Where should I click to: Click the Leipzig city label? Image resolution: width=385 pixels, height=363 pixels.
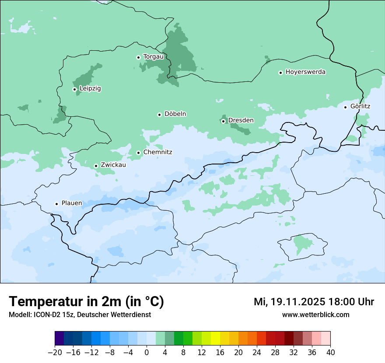point(90,88)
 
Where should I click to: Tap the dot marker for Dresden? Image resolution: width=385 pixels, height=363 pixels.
point(223,121)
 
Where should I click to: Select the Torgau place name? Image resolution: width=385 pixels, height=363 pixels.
point(154,56)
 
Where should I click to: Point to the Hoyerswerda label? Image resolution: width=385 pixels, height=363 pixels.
point(305,72)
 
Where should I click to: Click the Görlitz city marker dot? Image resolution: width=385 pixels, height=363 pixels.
point(345,107)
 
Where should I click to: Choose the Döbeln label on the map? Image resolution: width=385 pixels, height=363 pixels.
point(175,114)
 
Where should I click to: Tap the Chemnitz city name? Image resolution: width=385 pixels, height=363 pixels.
point(158,152)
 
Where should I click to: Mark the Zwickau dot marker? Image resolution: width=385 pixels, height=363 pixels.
point(96,166)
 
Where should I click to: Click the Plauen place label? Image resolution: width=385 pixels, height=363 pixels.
point(72,203)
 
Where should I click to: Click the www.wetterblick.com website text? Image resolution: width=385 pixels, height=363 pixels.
point(315,314)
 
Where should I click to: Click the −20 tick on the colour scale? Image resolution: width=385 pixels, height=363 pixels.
point(55,353)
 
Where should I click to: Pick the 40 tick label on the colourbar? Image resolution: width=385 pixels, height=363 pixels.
point(330,353)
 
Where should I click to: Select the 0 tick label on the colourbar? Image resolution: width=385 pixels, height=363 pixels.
point(147,353)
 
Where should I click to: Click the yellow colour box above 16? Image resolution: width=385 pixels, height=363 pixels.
point(215,339)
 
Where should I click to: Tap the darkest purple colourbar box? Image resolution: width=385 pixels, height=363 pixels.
point(59,339)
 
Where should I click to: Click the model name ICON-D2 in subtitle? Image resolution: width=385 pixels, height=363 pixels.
point(44,314)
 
